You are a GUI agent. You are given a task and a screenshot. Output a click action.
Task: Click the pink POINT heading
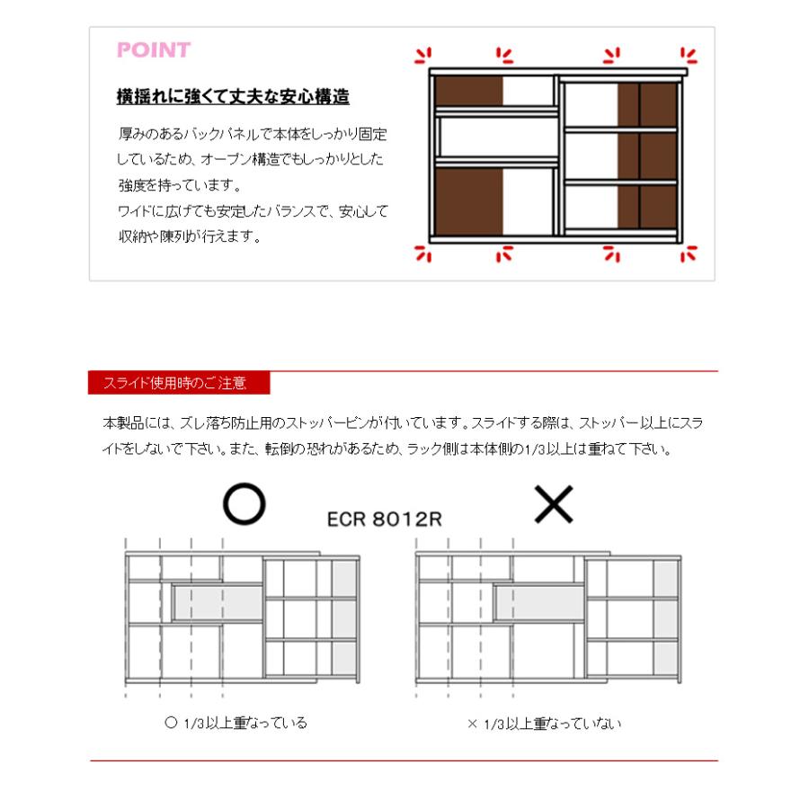click(x=154, y=50)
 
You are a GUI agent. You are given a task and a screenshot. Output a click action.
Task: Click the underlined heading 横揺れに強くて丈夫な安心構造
click(x=233, y=96)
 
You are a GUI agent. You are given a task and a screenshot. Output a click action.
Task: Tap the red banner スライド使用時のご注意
click(x=179, y=383)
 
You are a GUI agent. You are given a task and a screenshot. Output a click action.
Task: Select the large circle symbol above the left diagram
click(x=244, y=506)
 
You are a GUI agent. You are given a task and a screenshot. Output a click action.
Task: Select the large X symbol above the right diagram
click(x=554, y=507)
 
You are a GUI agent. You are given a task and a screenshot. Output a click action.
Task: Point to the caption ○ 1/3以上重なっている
click(x=236, y=723)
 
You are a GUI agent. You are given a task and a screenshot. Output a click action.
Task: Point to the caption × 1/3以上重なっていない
click(x=544, y=723)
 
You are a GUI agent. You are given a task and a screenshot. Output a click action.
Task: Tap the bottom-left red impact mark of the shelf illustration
click(x=422, y=254)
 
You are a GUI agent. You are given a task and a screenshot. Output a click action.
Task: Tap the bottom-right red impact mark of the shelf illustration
click(x=689, y=254)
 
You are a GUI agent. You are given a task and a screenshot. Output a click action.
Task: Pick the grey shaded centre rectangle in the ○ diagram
click(x=217, y=601)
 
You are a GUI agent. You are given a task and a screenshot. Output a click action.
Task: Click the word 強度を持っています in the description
click(x=179, y=186)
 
